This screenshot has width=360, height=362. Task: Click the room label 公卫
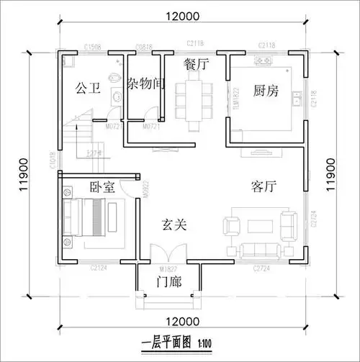[x=86, y=89]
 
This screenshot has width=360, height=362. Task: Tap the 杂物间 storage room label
[x=146, y=84]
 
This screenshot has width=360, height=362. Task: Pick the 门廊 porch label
[x=169, y=281]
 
